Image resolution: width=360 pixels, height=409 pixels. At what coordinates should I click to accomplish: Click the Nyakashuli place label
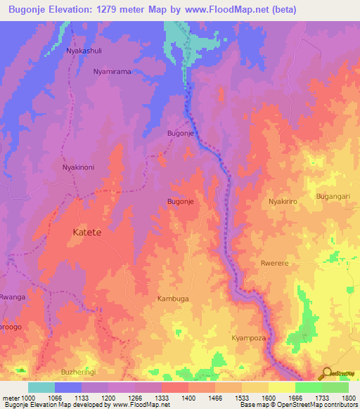(x=85, y=51)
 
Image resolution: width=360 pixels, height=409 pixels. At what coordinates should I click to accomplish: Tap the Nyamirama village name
(x=112, y=72)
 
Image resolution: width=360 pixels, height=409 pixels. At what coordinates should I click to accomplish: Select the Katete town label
(x=88, y=232)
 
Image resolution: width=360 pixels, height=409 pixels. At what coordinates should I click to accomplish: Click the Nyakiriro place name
(x=284, y=202)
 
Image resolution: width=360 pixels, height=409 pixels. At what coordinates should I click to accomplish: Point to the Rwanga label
(x=13, y=297)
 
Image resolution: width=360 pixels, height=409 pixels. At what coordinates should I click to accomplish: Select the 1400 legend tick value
(x=188, y=398)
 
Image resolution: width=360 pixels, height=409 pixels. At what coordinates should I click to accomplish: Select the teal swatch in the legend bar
(x=41, y=387)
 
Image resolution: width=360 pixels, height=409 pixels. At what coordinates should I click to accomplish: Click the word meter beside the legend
(x=11, y=398)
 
